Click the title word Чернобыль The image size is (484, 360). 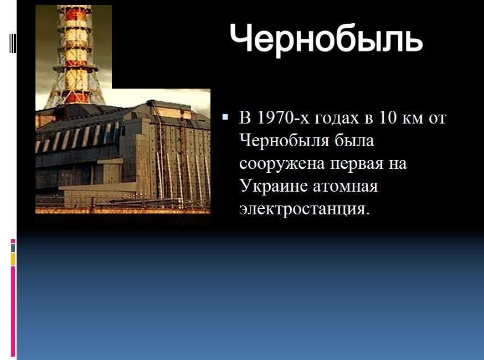point(326,39)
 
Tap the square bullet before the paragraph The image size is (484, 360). point(225,117)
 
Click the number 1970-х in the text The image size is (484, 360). point(282,117)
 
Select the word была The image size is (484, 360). point(354,141)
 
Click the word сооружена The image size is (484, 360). point(282,163)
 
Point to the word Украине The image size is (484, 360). point(274,186)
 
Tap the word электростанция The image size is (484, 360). point(305,209)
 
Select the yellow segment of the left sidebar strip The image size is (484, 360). point(13,259)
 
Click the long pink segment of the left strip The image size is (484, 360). point(13,311)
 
